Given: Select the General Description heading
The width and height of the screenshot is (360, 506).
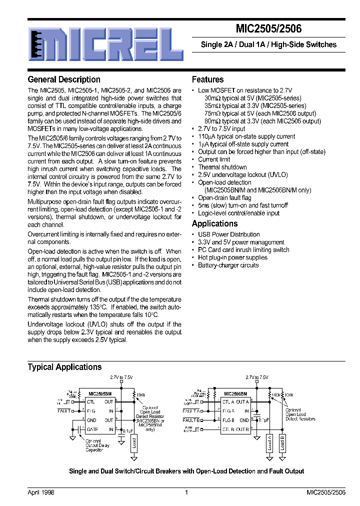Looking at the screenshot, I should [x=64, y=79].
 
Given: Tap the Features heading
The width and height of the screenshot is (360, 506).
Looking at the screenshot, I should [x=208, y=79].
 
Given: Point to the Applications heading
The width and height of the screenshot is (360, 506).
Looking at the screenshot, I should [x=215, y=223].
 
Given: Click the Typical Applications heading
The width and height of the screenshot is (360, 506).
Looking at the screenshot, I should [x=64, y=367].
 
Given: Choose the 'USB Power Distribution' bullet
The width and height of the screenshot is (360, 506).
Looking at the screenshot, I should [x=229, y=234].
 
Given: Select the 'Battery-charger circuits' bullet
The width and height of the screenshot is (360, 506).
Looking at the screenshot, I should [x=228, y=265].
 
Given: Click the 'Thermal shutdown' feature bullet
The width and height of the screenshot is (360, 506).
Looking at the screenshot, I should [x=222, y=167].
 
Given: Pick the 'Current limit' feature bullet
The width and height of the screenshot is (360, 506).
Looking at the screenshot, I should [x=214, y=159].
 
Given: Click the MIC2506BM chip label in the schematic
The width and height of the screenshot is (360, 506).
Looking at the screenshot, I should [x=235, y=393].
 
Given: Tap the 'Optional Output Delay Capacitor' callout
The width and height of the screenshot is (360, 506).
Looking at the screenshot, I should [x=94, y=445].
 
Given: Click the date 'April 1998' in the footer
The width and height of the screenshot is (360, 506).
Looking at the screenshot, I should [x=40, y=492].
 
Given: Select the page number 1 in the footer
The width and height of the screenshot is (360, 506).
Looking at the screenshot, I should [x=186, y=492].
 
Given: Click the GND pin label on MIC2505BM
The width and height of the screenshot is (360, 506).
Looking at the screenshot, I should [x=92, y=420].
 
